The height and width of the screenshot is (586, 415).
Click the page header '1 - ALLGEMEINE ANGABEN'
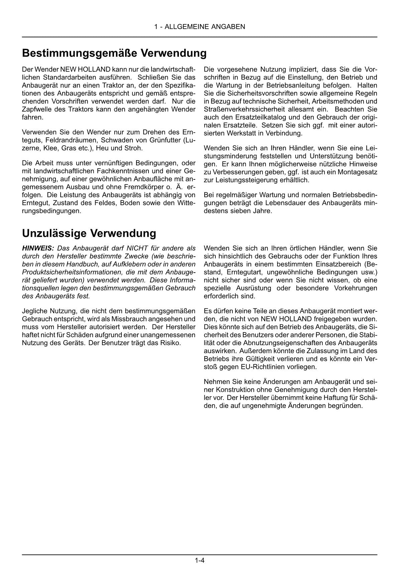pyautogui.click(x=200, y=27)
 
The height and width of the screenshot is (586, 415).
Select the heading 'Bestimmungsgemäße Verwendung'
pyautogui.click(x=114, y=53)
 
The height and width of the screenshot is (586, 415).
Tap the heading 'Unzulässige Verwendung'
pyautogui.click(x=89, y=233)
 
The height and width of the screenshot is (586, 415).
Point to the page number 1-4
pyautogui.click(x=200, y=561)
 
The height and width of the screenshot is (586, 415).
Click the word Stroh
pyautogui.click(x=134, y=148)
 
